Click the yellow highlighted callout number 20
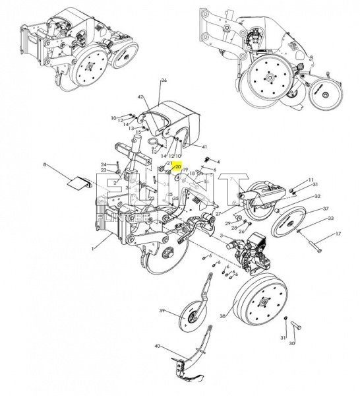pyautogui.click(x=177, y=168)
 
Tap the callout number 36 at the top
pyautogui.click(x=164, y=81)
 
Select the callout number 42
pyautogui.click(x=140, y=97)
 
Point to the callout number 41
pyautogui.click(x=205, y=146)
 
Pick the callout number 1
pyautogui.click(x=94, y=248)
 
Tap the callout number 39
pyautogui.click(x=162, y=311)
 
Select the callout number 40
pyautogui.click(x=157, y=346)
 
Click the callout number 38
pyautogui.click(x=223, y=316)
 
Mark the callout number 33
pyautogui.click(x=330, y=218)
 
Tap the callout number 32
pyautogui.click(x=317, y=196)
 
